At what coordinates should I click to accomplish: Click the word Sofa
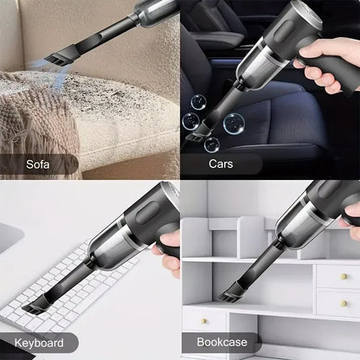[x=37, y=163]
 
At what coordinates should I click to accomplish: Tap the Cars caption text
[x=220, y=163]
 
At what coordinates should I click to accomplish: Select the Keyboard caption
[x=38, y=343]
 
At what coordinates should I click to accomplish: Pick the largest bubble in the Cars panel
[x=233, y=124]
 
